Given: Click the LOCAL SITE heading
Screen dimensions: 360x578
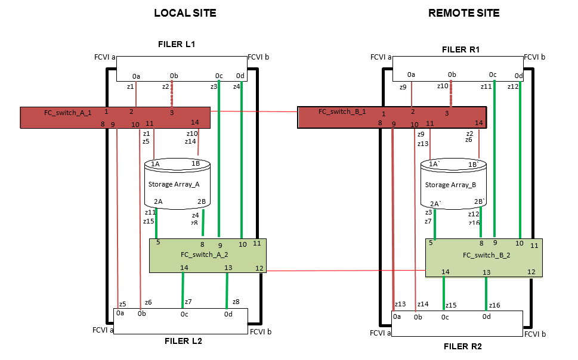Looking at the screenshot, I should [x=185, y=13].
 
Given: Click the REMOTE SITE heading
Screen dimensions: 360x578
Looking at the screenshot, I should [x=463, y=13].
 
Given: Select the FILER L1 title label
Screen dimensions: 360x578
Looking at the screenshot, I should [x=177, y=44].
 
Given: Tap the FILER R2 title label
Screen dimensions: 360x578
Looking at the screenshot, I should [x=462, y=346].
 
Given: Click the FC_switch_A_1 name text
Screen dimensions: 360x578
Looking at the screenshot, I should [x=67, y=112].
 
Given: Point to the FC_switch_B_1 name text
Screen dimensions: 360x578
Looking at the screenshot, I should [x=342, y=111].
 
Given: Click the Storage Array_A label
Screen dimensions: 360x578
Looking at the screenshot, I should [x=169, y=184].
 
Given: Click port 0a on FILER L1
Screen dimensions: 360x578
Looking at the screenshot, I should [x=136, y=76].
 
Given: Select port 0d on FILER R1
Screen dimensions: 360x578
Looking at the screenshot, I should [x=519, y=76].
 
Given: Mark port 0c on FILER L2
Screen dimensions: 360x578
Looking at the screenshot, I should [x=184, y=314].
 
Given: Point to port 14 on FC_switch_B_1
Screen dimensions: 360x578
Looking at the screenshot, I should [x=478, y=122].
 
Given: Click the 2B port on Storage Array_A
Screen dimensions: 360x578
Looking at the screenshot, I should [x=202, y=201].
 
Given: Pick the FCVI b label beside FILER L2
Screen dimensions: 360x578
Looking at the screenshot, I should [x=260, y=331].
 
